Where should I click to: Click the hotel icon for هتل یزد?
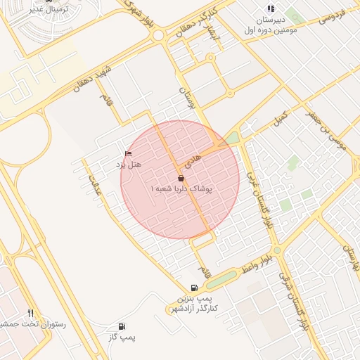pos(128,153)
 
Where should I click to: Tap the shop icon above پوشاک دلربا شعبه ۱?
pos(181,179)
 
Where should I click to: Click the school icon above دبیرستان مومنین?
pos(271,9)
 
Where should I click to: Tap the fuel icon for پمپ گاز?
pos(122,326)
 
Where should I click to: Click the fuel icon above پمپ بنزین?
pos(194,288)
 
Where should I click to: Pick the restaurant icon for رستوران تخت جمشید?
pos(30,312)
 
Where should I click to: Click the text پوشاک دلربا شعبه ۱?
pos(181,190)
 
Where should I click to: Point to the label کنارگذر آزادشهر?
pos(194,309)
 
